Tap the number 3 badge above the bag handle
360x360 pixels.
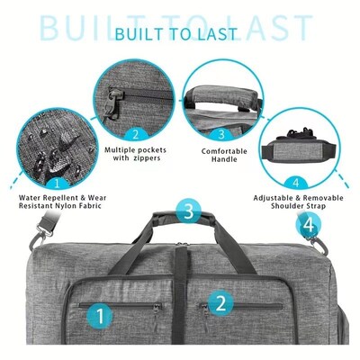coord(187,213)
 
